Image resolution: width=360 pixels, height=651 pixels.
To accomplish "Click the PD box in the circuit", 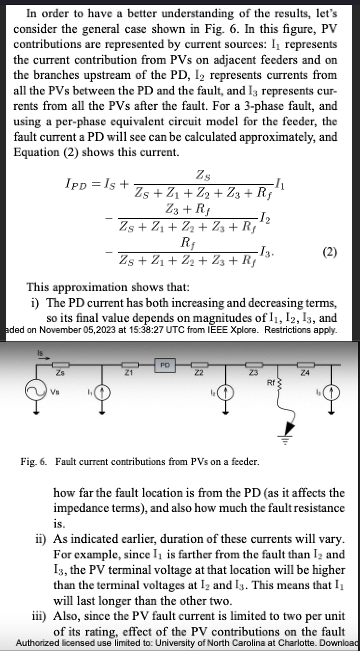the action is click(x=165, y=365).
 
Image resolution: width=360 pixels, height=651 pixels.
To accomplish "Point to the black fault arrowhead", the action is click(x=289, y=427).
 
